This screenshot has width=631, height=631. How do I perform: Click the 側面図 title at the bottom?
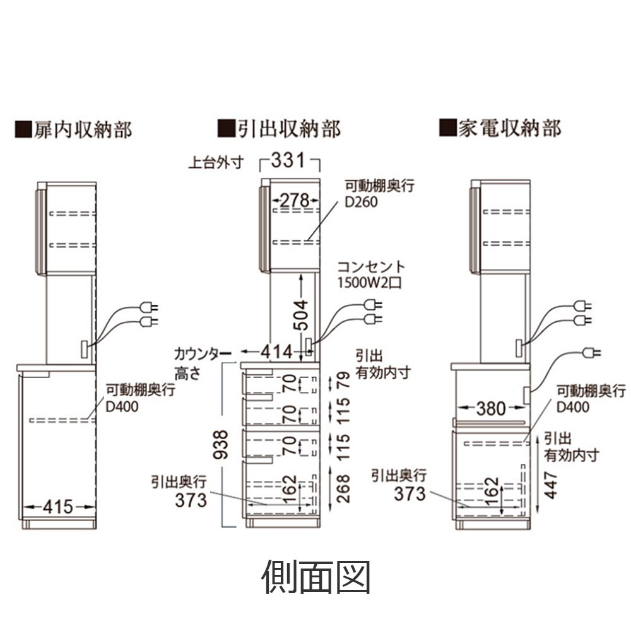pyautogui.click(x=315, y=575)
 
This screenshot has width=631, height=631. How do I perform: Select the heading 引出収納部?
pyautogui.click(x=279, y=129)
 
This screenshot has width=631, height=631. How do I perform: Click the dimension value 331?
pyautogui.click(x=288, y=160)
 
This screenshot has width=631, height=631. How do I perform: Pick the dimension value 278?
pyautogui.click(x=293, y=201)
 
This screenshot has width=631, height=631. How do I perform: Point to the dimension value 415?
pyautogui.click(x=59, y=505)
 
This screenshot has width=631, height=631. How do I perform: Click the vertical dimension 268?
pyautogui.click(x=343, y=488)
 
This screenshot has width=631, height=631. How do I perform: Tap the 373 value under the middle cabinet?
pyautogui.click(x=191, y=500)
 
